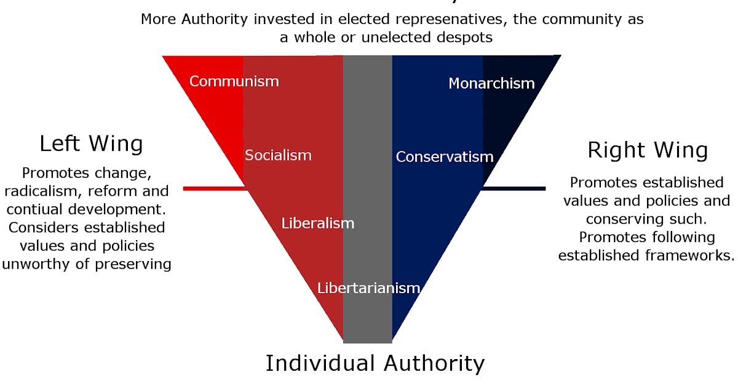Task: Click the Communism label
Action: pos(234,81)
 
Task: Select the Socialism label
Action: pos(278,155)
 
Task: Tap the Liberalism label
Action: pos(318,223)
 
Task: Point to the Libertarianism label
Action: pos(368,288)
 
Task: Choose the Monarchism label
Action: pos(491,83)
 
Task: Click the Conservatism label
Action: pos(444,157)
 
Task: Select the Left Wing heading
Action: pos(91,143)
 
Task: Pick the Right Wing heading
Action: pos(648,150)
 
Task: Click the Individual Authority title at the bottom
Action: pos(375,363)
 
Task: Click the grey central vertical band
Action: pos(367,185)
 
